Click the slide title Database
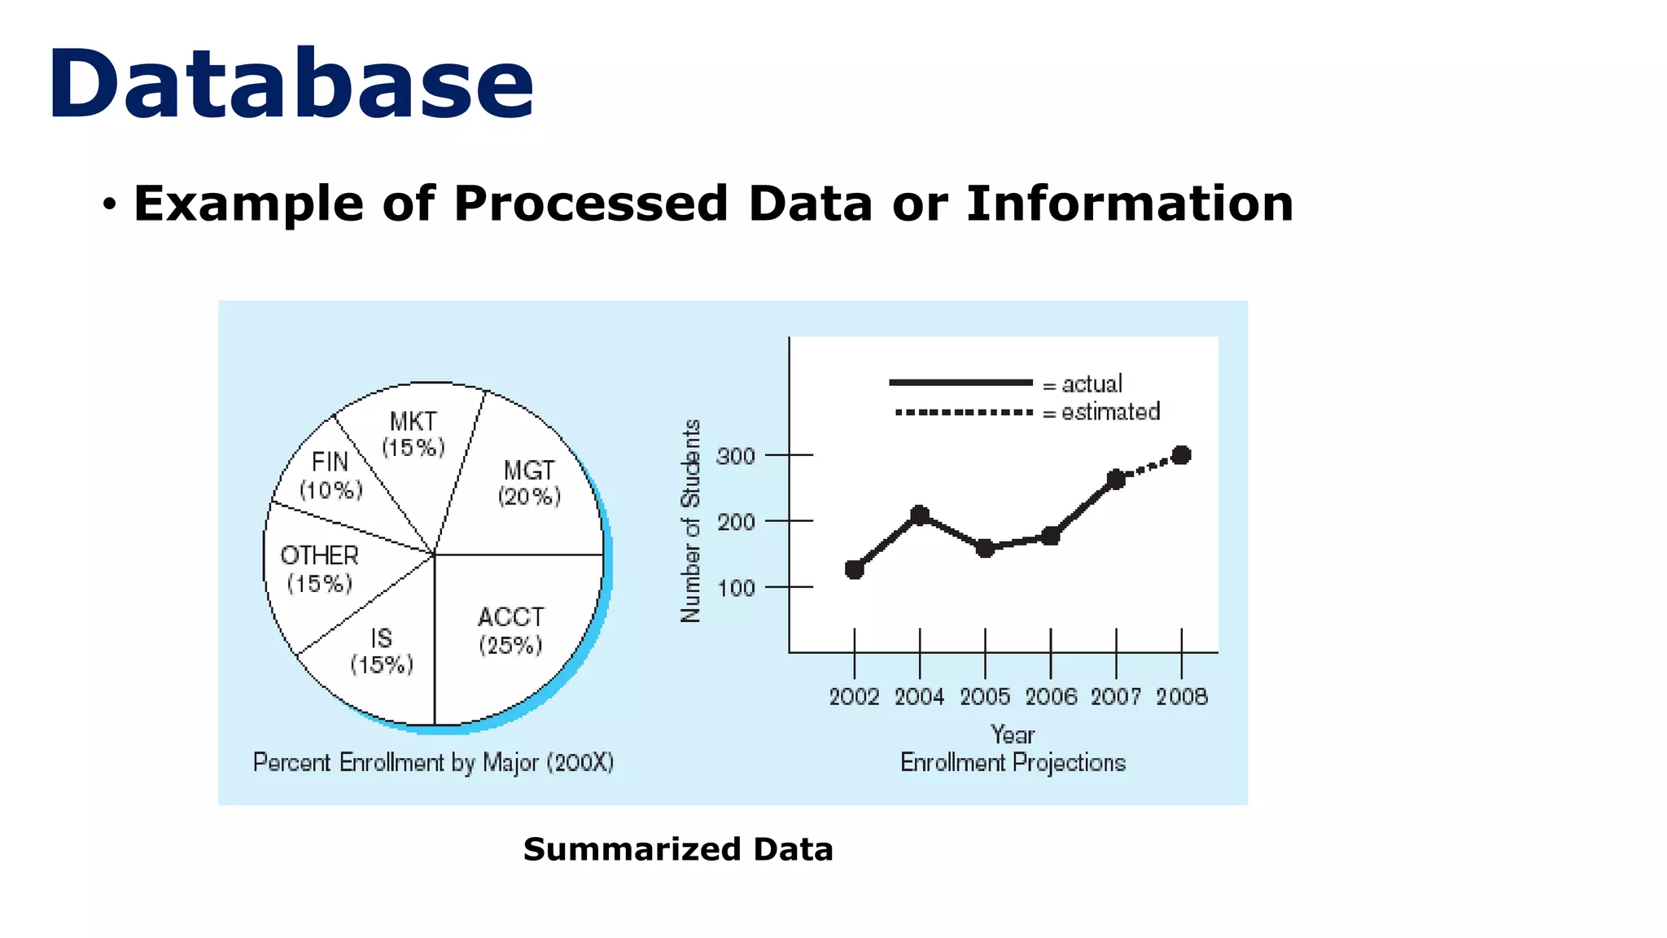291,85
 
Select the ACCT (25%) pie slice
510,631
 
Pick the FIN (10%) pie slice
330,475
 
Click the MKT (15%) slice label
413,434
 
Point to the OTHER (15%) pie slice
319,569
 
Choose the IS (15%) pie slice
382,651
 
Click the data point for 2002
854,569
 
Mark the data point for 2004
920,515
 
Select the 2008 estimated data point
1182,455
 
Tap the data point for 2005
985,548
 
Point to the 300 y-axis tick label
736,456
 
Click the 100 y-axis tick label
736,588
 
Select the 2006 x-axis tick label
1051,697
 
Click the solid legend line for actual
960,383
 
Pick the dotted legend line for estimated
964,413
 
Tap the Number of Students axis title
690,521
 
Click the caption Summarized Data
678,849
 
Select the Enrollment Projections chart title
1013,763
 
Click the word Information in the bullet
1130,204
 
